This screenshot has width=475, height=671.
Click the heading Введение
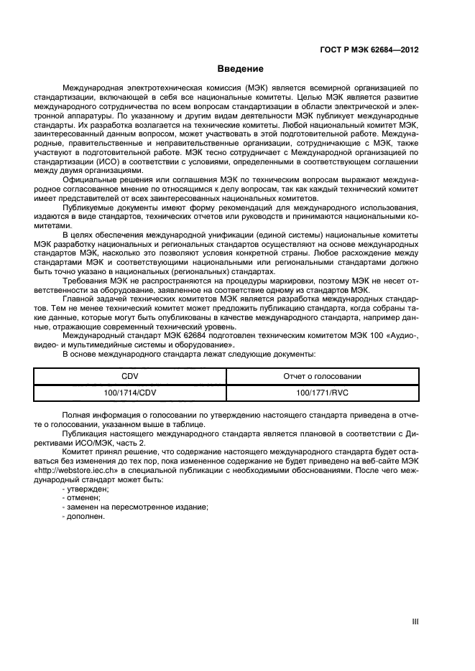click(240, 69)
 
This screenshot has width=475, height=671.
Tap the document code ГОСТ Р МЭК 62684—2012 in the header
click(369, 50)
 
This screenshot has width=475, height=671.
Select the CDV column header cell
click(129, 376)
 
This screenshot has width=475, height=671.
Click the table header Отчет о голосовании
click(322, 376)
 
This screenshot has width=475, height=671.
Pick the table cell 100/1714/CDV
click(129, 393)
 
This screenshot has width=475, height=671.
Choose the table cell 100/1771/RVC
click(322, 393)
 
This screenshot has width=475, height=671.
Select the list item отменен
click(82, 497)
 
